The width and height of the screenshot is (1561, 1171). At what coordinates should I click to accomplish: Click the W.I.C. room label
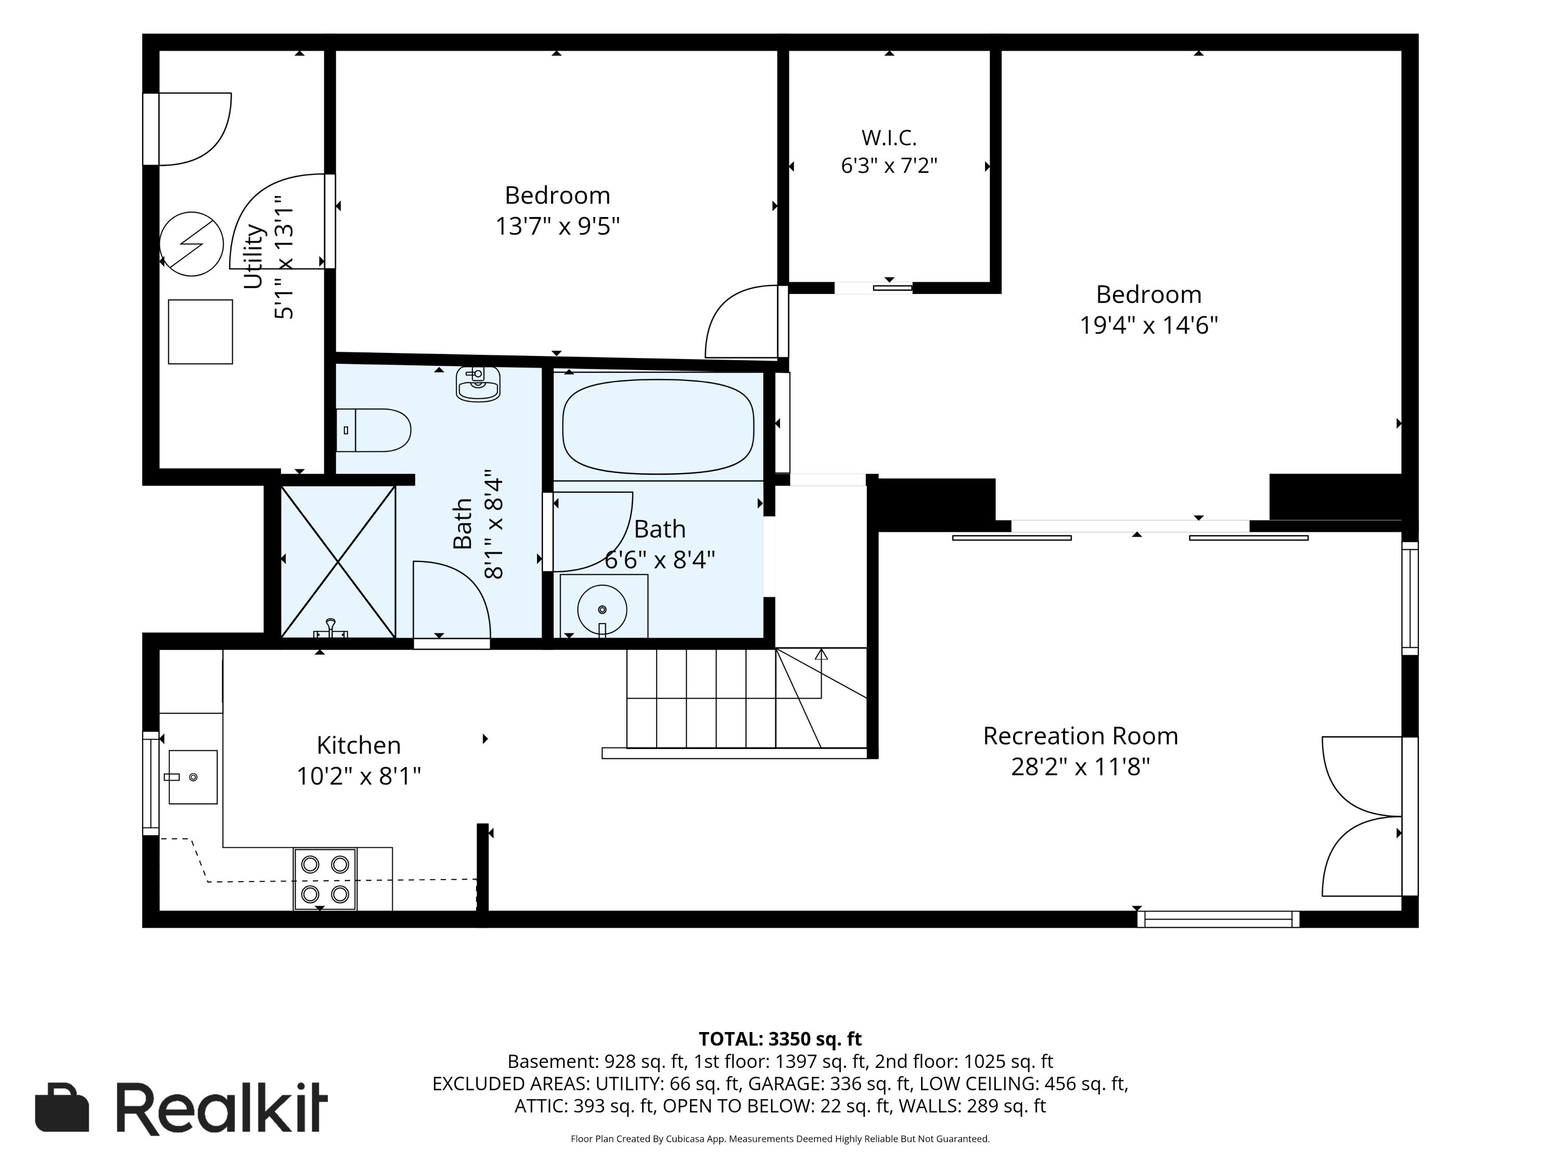point(889,137)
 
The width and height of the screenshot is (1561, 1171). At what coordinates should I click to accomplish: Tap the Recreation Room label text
point(1080,735)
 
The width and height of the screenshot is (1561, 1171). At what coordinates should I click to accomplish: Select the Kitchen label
point(359,745)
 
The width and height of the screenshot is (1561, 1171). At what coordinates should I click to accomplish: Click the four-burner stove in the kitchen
point(325,880)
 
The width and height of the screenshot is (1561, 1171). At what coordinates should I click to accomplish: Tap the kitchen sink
point(192,777)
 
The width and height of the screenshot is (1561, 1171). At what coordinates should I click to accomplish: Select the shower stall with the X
point(338,562)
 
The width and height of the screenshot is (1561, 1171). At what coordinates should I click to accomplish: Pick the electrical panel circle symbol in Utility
point(191,244)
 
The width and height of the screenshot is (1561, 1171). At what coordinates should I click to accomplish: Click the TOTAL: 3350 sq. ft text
point(780,1039)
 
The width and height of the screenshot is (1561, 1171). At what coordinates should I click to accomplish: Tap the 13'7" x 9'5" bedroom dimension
point(557,226)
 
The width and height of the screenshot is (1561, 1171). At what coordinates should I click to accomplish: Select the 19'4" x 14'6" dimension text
point(1149,325)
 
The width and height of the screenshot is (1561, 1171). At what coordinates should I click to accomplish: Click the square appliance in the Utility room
point(200,332)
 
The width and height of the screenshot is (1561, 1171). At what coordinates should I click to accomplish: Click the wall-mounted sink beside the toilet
point(479,383)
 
